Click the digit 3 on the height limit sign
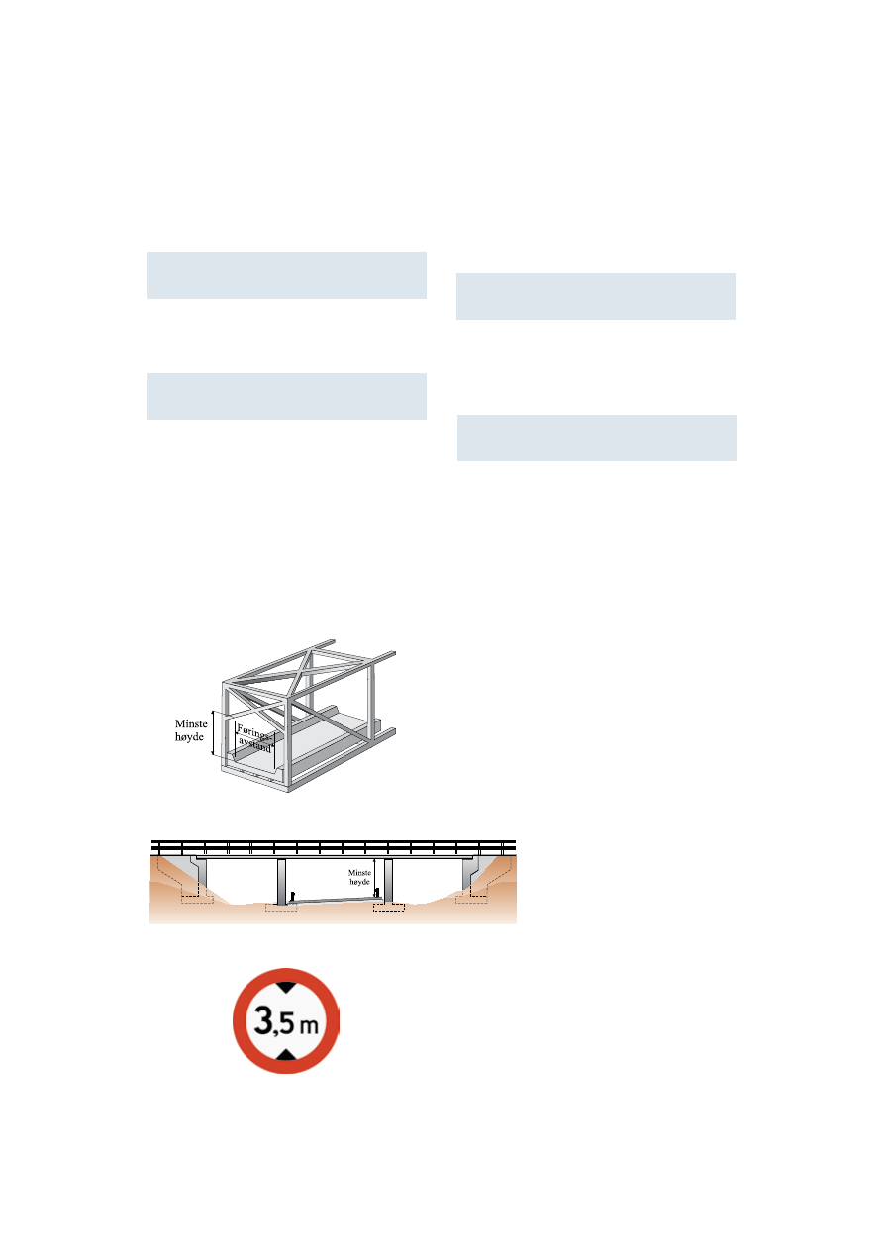tap(263, 1019)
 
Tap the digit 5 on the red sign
tap(286, 1023)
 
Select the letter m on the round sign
tap(309, 1026)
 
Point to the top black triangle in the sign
tap(286, 987)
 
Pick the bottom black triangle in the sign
tap(286, 1054)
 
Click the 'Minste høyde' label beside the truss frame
tap(191, 730)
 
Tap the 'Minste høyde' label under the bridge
tap(359, 877)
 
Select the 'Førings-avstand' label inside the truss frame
tap(255, 737)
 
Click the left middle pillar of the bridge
tap(281, 881)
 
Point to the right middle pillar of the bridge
tap(388, 880)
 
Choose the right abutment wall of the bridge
tap(470, 876)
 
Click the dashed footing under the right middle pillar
tap(388, 907)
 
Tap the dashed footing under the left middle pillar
tap(281, 908)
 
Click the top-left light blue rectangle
tap(287, 276)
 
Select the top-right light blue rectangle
tap(596, 296)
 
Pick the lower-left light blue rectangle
tap(287, 396)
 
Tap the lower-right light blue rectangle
tap(597, 438)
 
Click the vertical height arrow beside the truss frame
tap(213, 732)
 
